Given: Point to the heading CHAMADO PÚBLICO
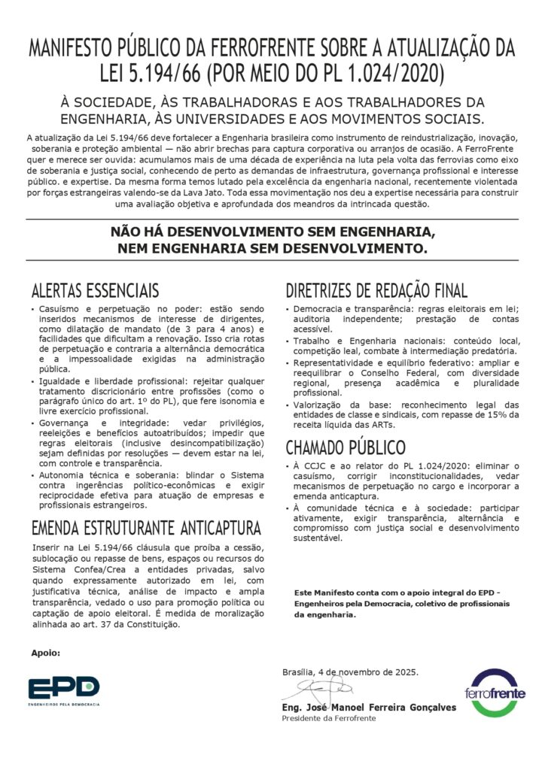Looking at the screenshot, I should coord(346,447).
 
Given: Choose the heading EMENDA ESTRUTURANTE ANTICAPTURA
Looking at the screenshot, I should coord(146,526).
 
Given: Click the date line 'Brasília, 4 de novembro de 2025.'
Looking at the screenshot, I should coord(350,671).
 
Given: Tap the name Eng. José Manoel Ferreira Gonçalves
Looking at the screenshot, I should coord(357,707).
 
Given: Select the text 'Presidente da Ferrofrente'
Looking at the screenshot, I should coord(328,718).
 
